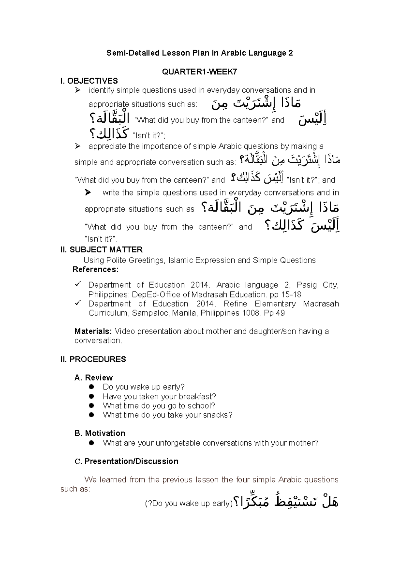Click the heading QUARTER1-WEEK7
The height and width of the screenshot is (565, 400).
[200, 72]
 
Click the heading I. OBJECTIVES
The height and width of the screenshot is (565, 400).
[89, 81]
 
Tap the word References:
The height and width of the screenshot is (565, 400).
[95, 270]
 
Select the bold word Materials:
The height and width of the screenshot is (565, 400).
[93, 331]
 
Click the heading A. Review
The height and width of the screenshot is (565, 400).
[94, 377]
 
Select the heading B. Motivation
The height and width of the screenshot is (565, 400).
[100, 433]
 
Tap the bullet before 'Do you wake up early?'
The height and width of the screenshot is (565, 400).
[92, 387]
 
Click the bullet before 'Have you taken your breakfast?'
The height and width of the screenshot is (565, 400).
[92, 396]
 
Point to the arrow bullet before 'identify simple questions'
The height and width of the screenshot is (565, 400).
[78, 90]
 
